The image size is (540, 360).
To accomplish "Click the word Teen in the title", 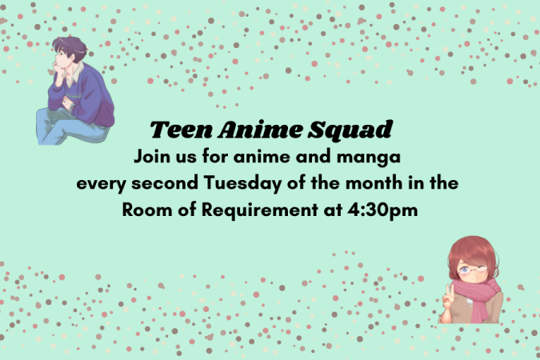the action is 181,130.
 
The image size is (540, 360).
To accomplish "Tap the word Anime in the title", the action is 259,130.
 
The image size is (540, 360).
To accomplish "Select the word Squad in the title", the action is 350,130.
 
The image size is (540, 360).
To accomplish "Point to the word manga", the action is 369,158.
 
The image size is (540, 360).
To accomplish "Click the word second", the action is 165,182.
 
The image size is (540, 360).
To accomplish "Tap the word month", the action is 374,182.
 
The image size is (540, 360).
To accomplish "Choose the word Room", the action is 147,210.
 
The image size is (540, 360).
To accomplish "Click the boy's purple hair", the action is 70,47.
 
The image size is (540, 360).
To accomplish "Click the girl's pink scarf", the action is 476,297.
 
